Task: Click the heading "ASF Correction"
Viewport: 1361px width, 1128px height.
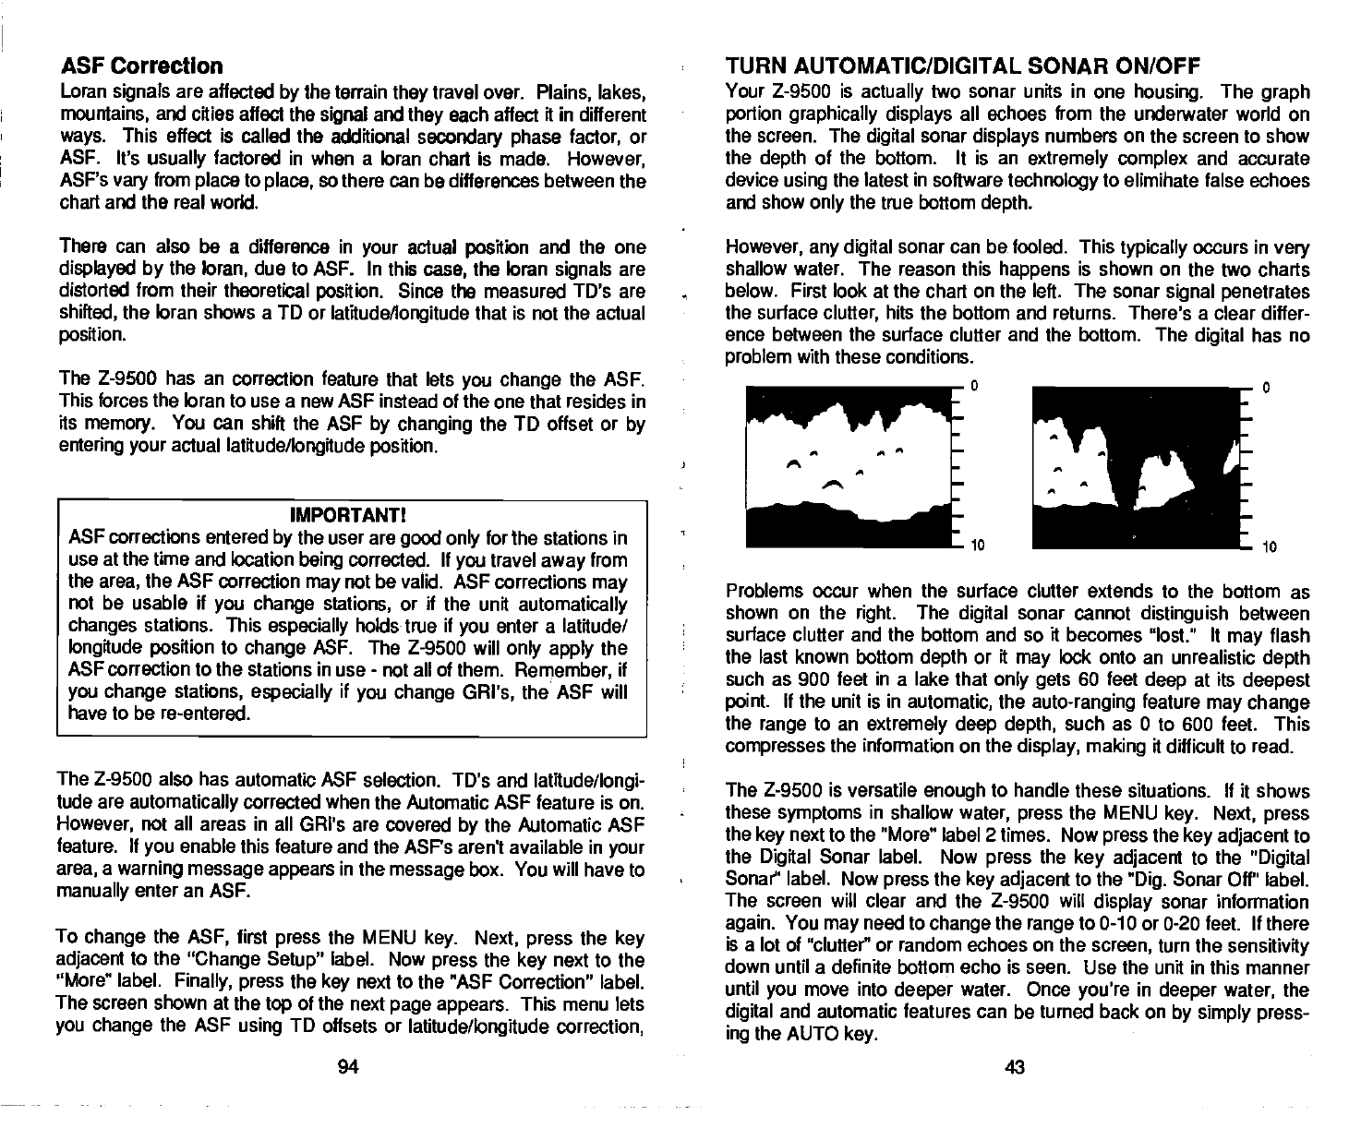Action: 141,67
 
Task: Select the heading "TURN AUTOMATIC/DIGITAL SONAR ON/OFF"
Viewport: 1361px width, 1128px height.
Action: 962,66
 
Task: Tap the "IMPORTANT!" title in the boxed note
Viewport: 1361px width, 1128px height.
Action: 350,513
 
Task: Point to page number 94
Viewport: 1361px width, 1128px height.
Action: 348,1068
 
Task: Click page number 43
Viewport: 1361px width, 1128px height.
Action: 1015,1068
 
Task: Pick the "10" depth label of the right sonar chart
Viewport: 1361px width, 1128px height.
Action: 1270,547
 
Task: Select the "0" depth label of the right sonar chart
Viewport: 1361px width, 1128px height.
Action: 1267,388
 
